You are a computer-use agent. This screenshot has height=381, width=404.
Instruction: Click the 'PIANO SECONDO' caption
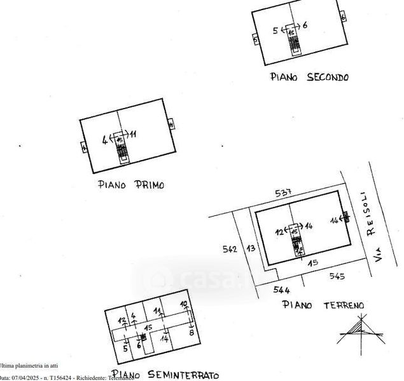click(309, 77)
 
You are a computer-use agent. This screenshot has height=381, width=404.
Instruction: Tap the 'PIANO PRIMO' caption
click(130, 185)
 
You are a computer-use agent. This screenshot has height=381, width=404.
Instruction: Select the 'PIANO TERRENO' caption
click(323, 305)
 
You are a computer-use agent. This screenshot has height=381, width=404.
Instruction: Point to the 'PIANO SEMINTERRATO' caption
click(165, 375)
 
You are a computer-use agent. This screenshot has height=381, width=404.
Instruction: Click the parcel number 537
click(283, 193)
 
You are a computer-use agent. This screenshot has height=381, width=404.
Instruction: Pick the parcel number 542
click(230, 249)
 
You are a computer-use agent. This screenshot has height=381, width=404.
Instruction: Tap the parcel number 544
click(282, 290)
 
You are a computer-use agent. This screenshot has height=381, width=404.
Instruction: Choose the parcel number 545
click(337, 276)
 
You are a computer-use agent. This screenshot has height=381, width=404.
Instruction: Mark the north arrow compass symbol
click(360, 331)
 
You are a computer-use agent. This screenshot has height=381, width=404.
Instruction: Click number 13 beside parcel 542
click(251, 248)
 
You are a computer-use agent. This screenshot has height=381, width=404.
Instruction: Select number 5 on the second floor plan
click(275, 30)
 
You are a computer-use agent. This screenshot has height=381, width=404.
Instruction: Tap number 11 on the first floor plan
click(133, 134)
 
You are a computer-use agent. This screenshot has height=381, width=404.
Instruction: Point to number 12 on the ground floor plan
click(278, 232)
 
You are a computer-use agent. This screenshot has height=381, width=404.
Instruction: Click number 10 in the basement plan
click(184, 304)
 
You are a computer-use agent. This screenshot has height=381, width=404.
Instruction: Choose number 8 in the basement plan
click(191, 332)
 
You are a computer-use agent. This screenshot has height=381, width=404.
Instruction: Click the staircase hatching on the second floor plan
click(293, 44)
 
